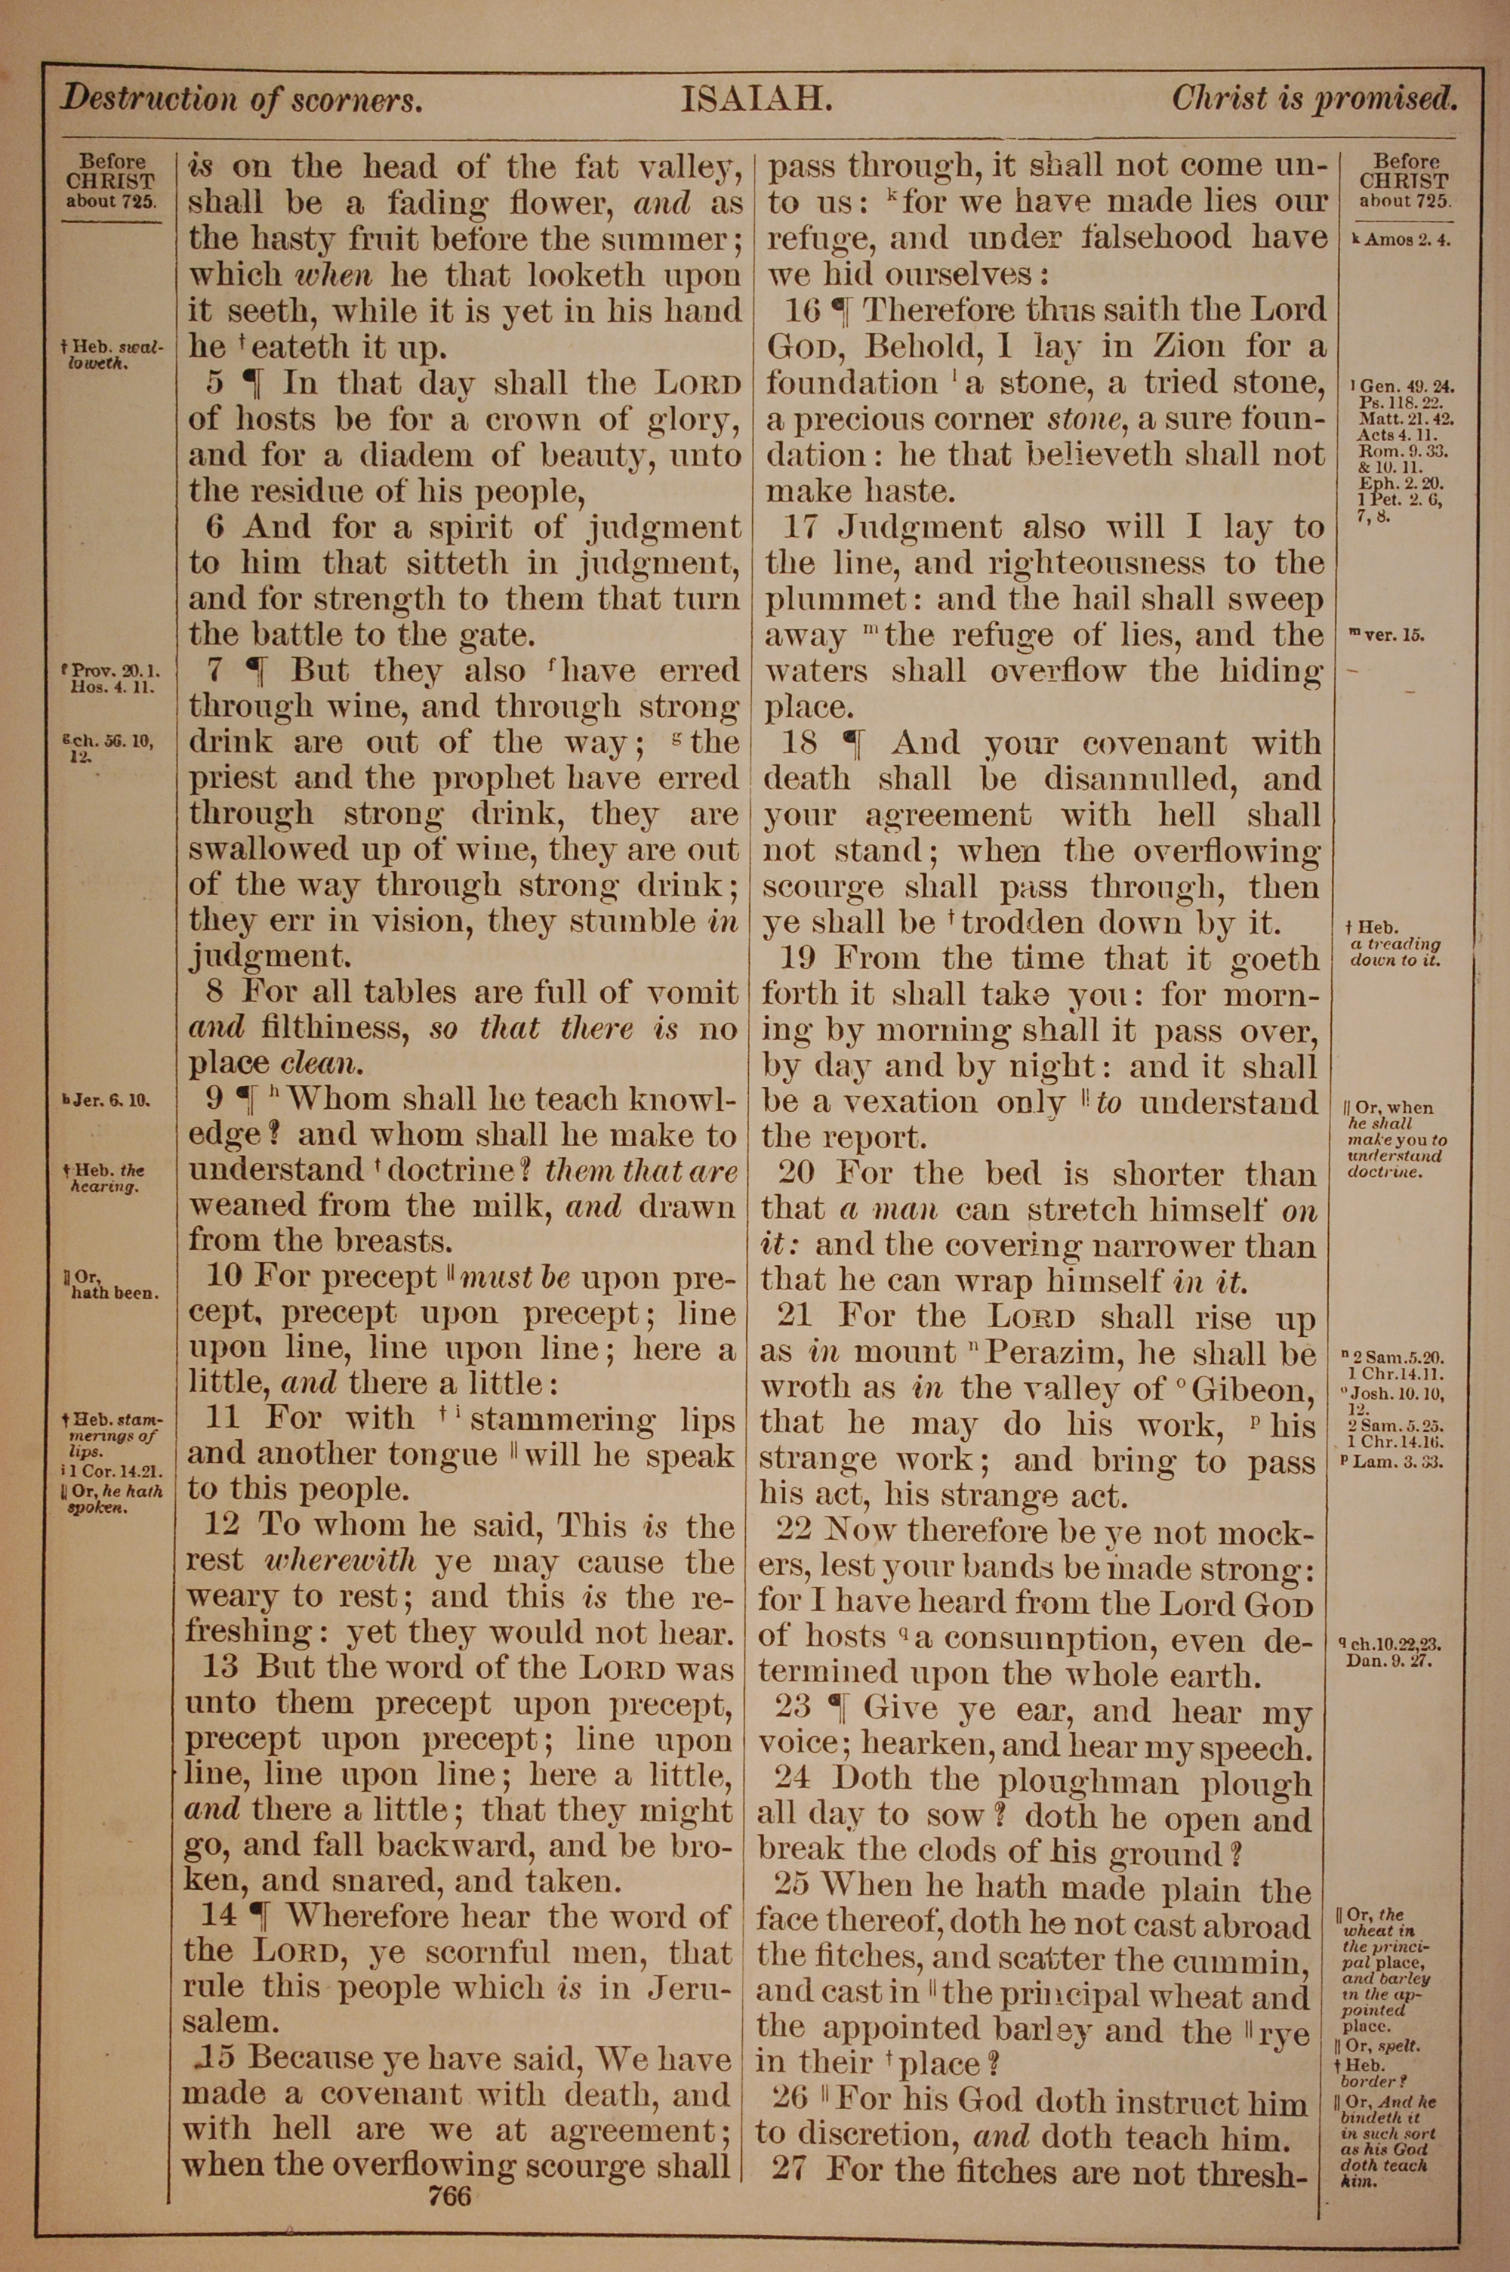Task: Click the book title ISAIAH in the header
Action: pos(755,99)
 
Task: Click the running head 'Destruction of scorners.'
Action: pos(242,99)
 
